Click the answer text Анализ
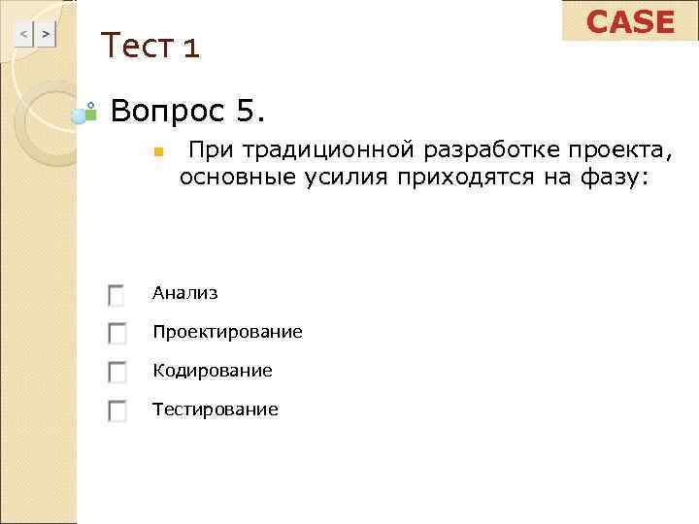click(184, 293)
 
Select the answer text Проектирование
click(227, 332)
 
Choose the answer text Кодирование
click(212, 371)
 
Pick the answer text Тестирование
click(215, 409)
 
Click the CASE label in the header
click(631, 21)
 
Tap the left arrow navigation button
click(25, 35)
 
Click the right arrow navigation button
click(46, 35)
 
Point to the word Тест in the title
click(137, 45)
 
